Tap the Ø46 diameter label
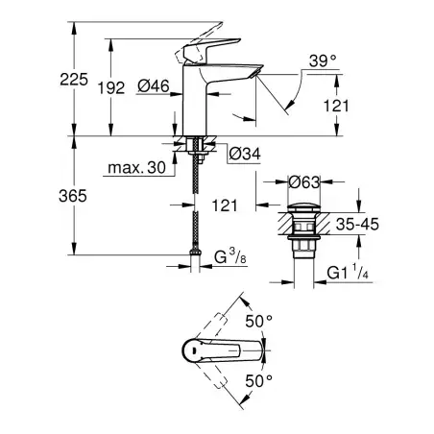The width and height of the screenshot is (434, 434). coord(153,87)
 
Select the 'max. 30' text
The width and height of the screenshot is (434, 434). coord(134,169)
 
